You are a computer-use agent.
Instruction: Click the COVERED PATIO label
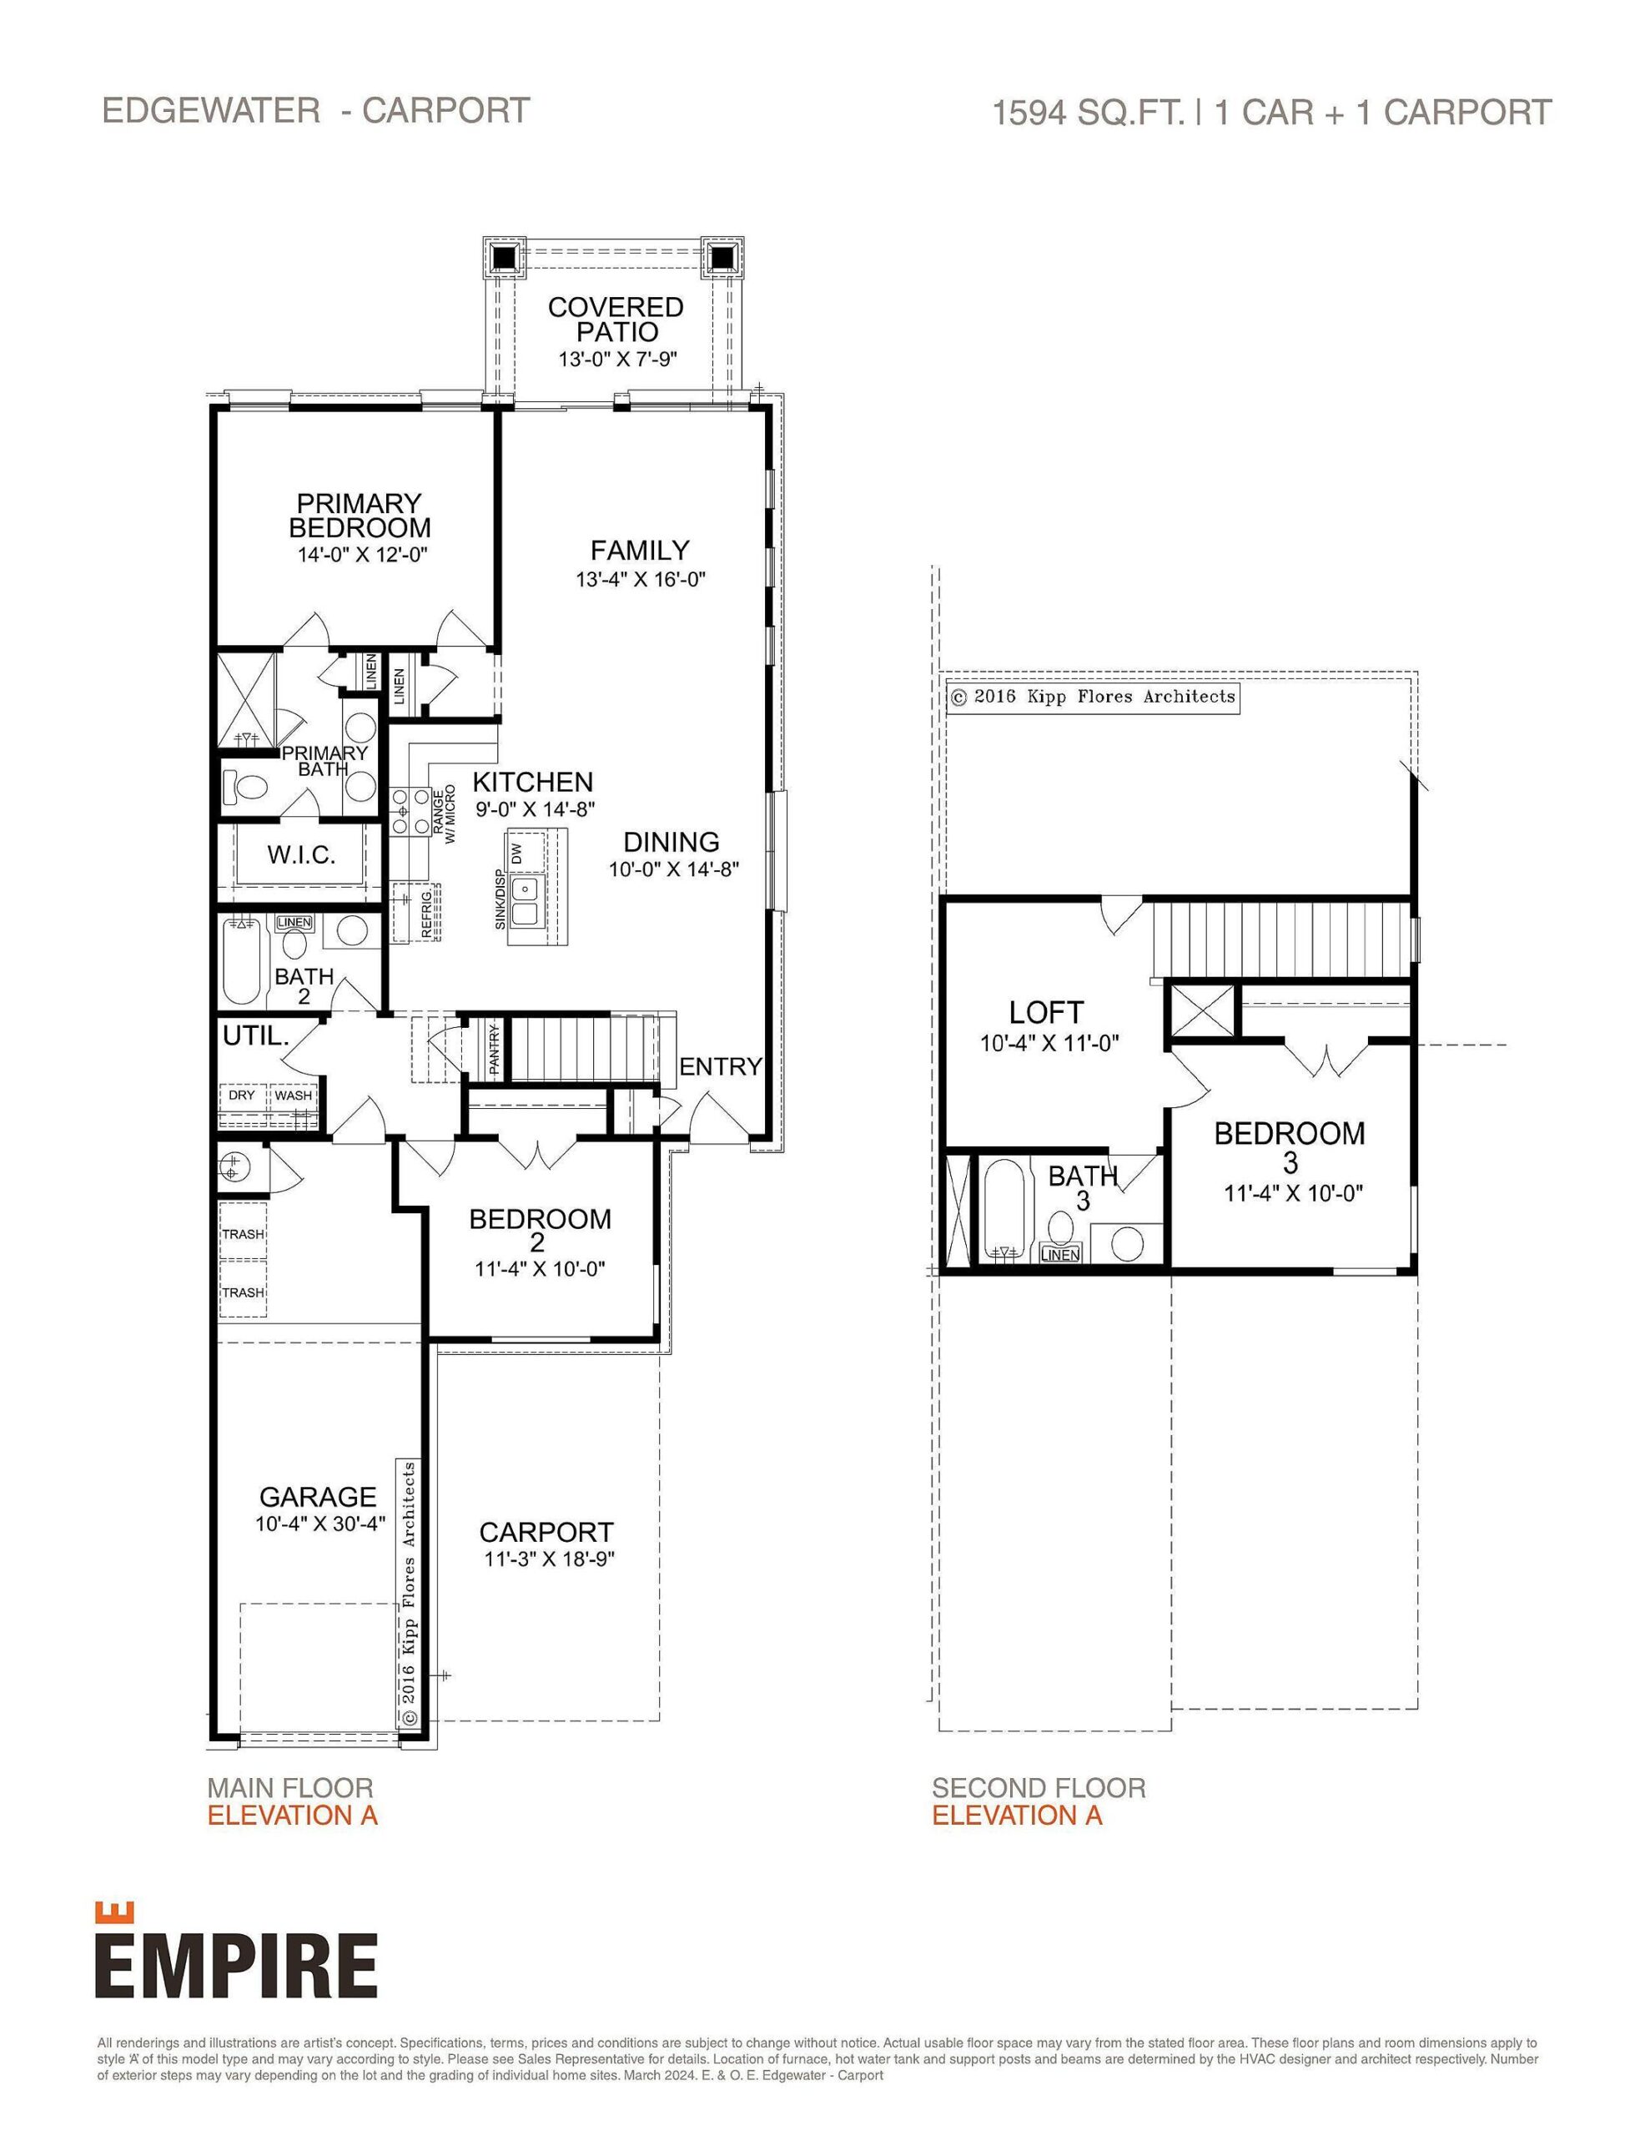[x=615, y=320]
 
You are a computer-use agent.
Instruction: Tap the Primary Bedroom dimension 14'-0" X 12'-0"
[x=363, y=555]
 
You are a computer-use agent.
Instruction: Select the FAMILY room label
[x=640, y=551]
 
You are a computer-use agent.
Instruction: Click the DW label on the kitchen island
[x=516, y=851]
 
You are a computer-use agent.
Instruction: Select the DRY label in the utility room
[x=242, y=1096]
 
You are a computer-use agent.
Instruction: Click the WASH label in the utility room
[x=293, y=1096]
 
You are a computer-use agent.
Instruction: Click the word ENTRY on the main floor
[x=720, y=1067]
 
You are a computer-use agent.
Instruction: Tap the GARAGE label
[x=317, y=1496]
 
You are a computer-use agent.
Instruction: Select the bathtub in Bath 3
[x=1003, y=1211]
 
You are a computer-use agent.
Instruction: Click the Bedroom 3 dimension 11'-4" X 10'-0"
[x=1293, y=1193]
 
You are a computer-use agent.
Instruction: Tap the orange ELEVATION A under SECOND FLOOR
[x=1016, y=1816]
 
